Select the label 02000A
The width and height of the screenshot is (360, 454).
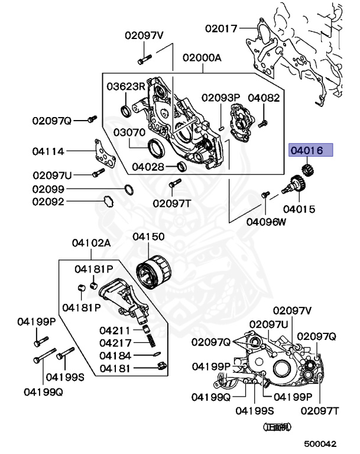click(202, 58)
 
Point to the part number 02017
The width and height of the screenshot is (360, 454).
click(221, 28)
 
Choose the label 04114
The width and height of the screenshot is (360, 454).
click(48, 151)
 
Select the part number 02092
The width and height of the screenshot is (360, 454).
click(48, 202)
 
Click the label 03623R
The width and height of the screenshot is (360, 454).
click(126, 86)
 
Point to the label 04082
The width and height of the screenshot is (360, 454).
click(264, 97)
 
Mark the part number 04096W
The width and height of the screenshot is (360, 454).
click(266, 222)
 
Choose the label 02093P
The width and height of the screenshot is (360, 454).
click(220, 97)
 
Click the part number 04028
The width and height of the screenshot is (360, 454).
click(148, 167)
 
